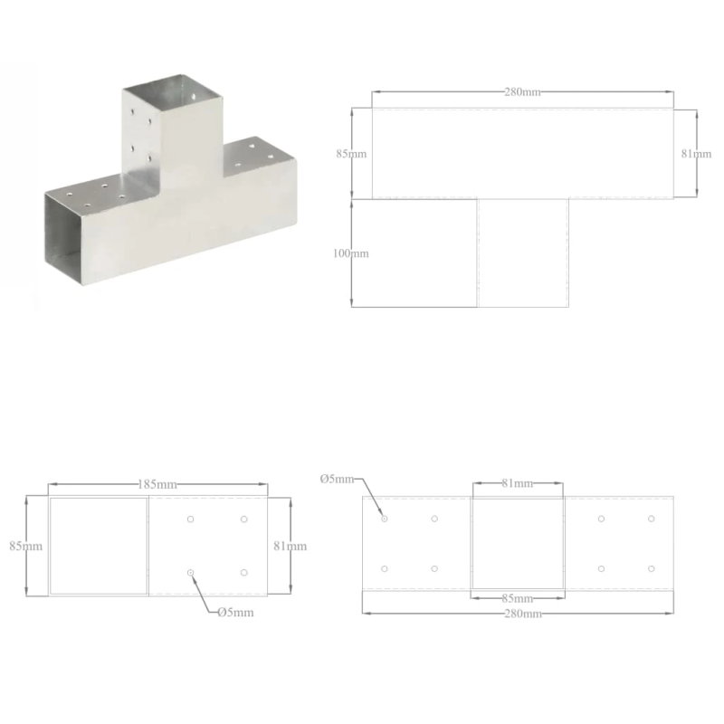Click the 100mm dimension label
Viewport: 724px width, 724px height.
click(x=350, y=253)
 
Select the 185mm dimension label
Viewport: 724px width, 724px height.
click(x=157, y=486)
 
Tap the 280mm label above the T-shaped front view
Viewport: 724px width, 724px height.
click(x=522, y=92)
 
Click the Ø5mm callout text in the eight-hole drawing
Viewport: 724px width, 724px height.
click(x=338, y=479)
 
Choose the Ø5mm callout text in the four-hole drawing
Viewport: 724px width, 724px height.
click(x=235, y=613)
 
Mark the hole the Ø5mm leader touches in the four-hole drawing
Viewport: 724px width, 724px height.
click(x=190, y=573)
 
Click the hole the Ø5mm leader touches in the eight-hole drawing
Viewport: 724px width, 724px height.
click(x=385, y=519)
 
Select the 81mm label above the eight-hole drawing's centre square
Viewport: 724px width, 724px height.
click(x=517, y=484)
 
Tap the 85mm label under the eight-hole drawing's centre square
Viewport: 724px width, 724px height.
click(x=517, y=598)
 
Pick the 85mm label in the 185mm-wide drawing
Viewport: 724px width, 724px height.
click(x=26, y=546)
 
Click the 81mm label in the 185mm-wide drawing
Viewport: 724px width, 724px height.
click(x=291, y=546)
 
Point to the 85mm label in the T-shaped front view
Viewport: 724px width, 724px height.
click(x=351, y=154)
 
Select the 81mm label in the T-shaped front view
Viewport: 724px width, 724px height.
click(x=695, y=154)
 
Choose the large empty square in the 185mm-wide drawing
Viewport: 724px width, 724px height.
click(x=98, y=546)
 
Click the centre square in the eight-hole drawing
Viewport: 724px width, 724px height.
click(x=518, y=542)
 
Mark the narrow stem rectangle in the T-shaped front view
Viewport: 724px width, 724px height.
click(x=522, y=252)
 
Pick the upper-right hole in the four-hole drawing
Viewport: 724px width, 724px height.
click(x=244, y=519)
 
